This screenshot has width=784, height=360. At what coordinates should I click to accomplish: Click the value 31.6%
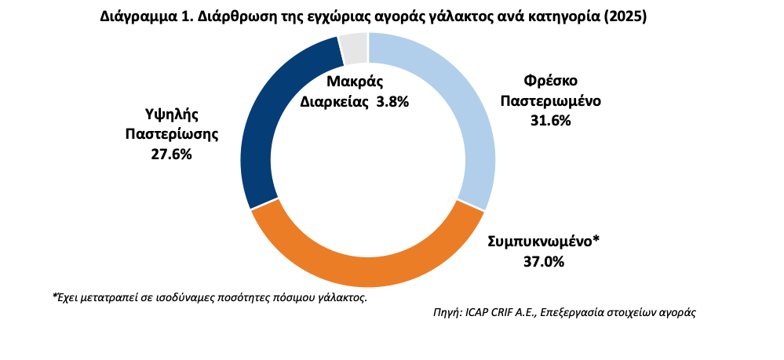click(x=550, y=120)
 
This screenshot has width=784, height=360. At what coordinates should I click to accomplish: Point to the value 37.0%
click(x=543, y=262)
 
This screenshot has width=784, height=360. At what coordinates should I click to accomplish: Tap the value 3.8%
click(x=392, y=102)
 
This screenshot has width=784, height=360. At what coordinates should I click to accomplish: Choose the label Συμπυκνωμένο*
click(x=543, y=242)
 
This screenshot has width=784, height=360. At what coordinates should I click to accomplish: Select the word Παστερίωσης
click(x=171, y=134)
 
